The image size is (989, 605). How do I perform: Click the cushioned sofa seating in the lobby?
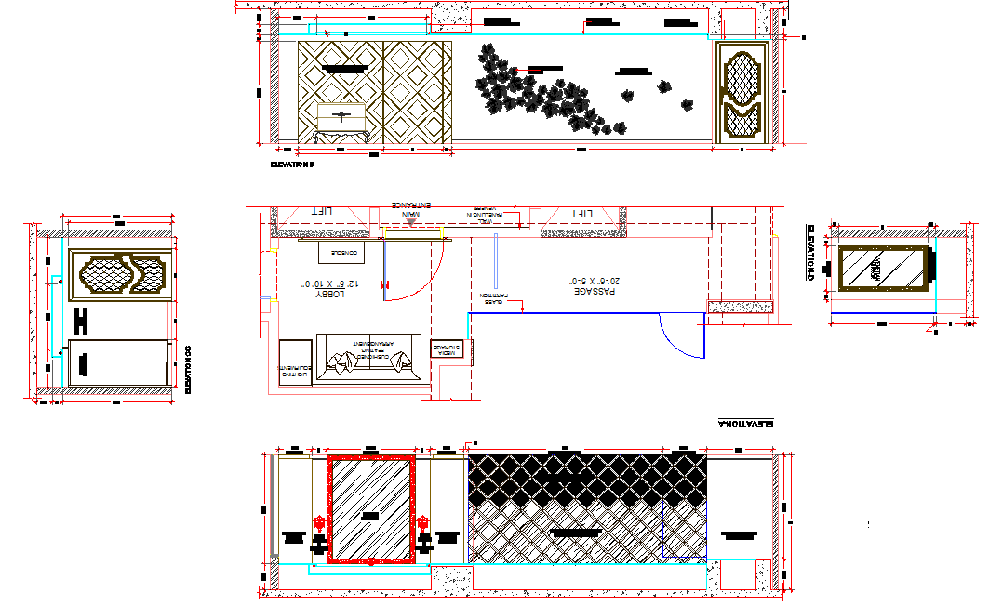click(x=369, y=360)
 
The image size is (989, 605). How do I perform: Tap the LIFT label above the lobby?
click(x=323, y=213)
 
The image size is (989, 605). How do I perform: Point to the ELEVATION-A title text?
click(x=746, y=423)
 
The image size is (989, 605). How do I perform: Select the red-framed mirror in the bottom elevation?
click(x=371, y=509)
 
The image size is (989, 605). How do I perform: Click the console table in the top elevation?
click(x=341, y=122)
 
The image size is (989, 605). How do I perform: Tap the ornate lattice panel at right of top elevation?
click(x=742, y=94)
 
